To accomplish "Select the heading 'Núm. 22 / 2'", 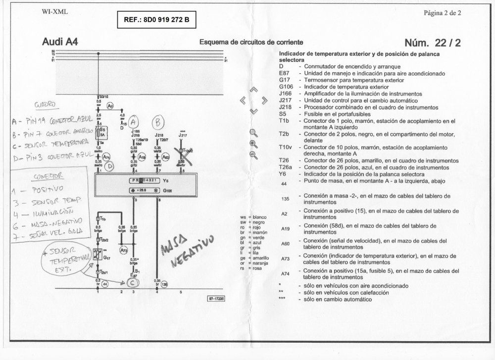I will pos(432,43).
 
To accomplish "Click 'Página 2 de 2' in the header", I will pos(442,13).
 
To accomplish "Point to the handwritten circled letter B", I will pos(158,122).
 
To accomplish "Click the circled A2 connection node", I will pos(111,105).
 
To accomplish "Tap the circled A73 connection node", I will pos(124,251).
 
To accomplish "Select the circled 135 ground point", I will pos(164,285).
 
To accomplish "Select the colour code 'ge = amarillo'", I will pos(254,258).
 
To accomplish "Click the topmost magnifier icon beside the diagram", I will pos(253,133).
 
